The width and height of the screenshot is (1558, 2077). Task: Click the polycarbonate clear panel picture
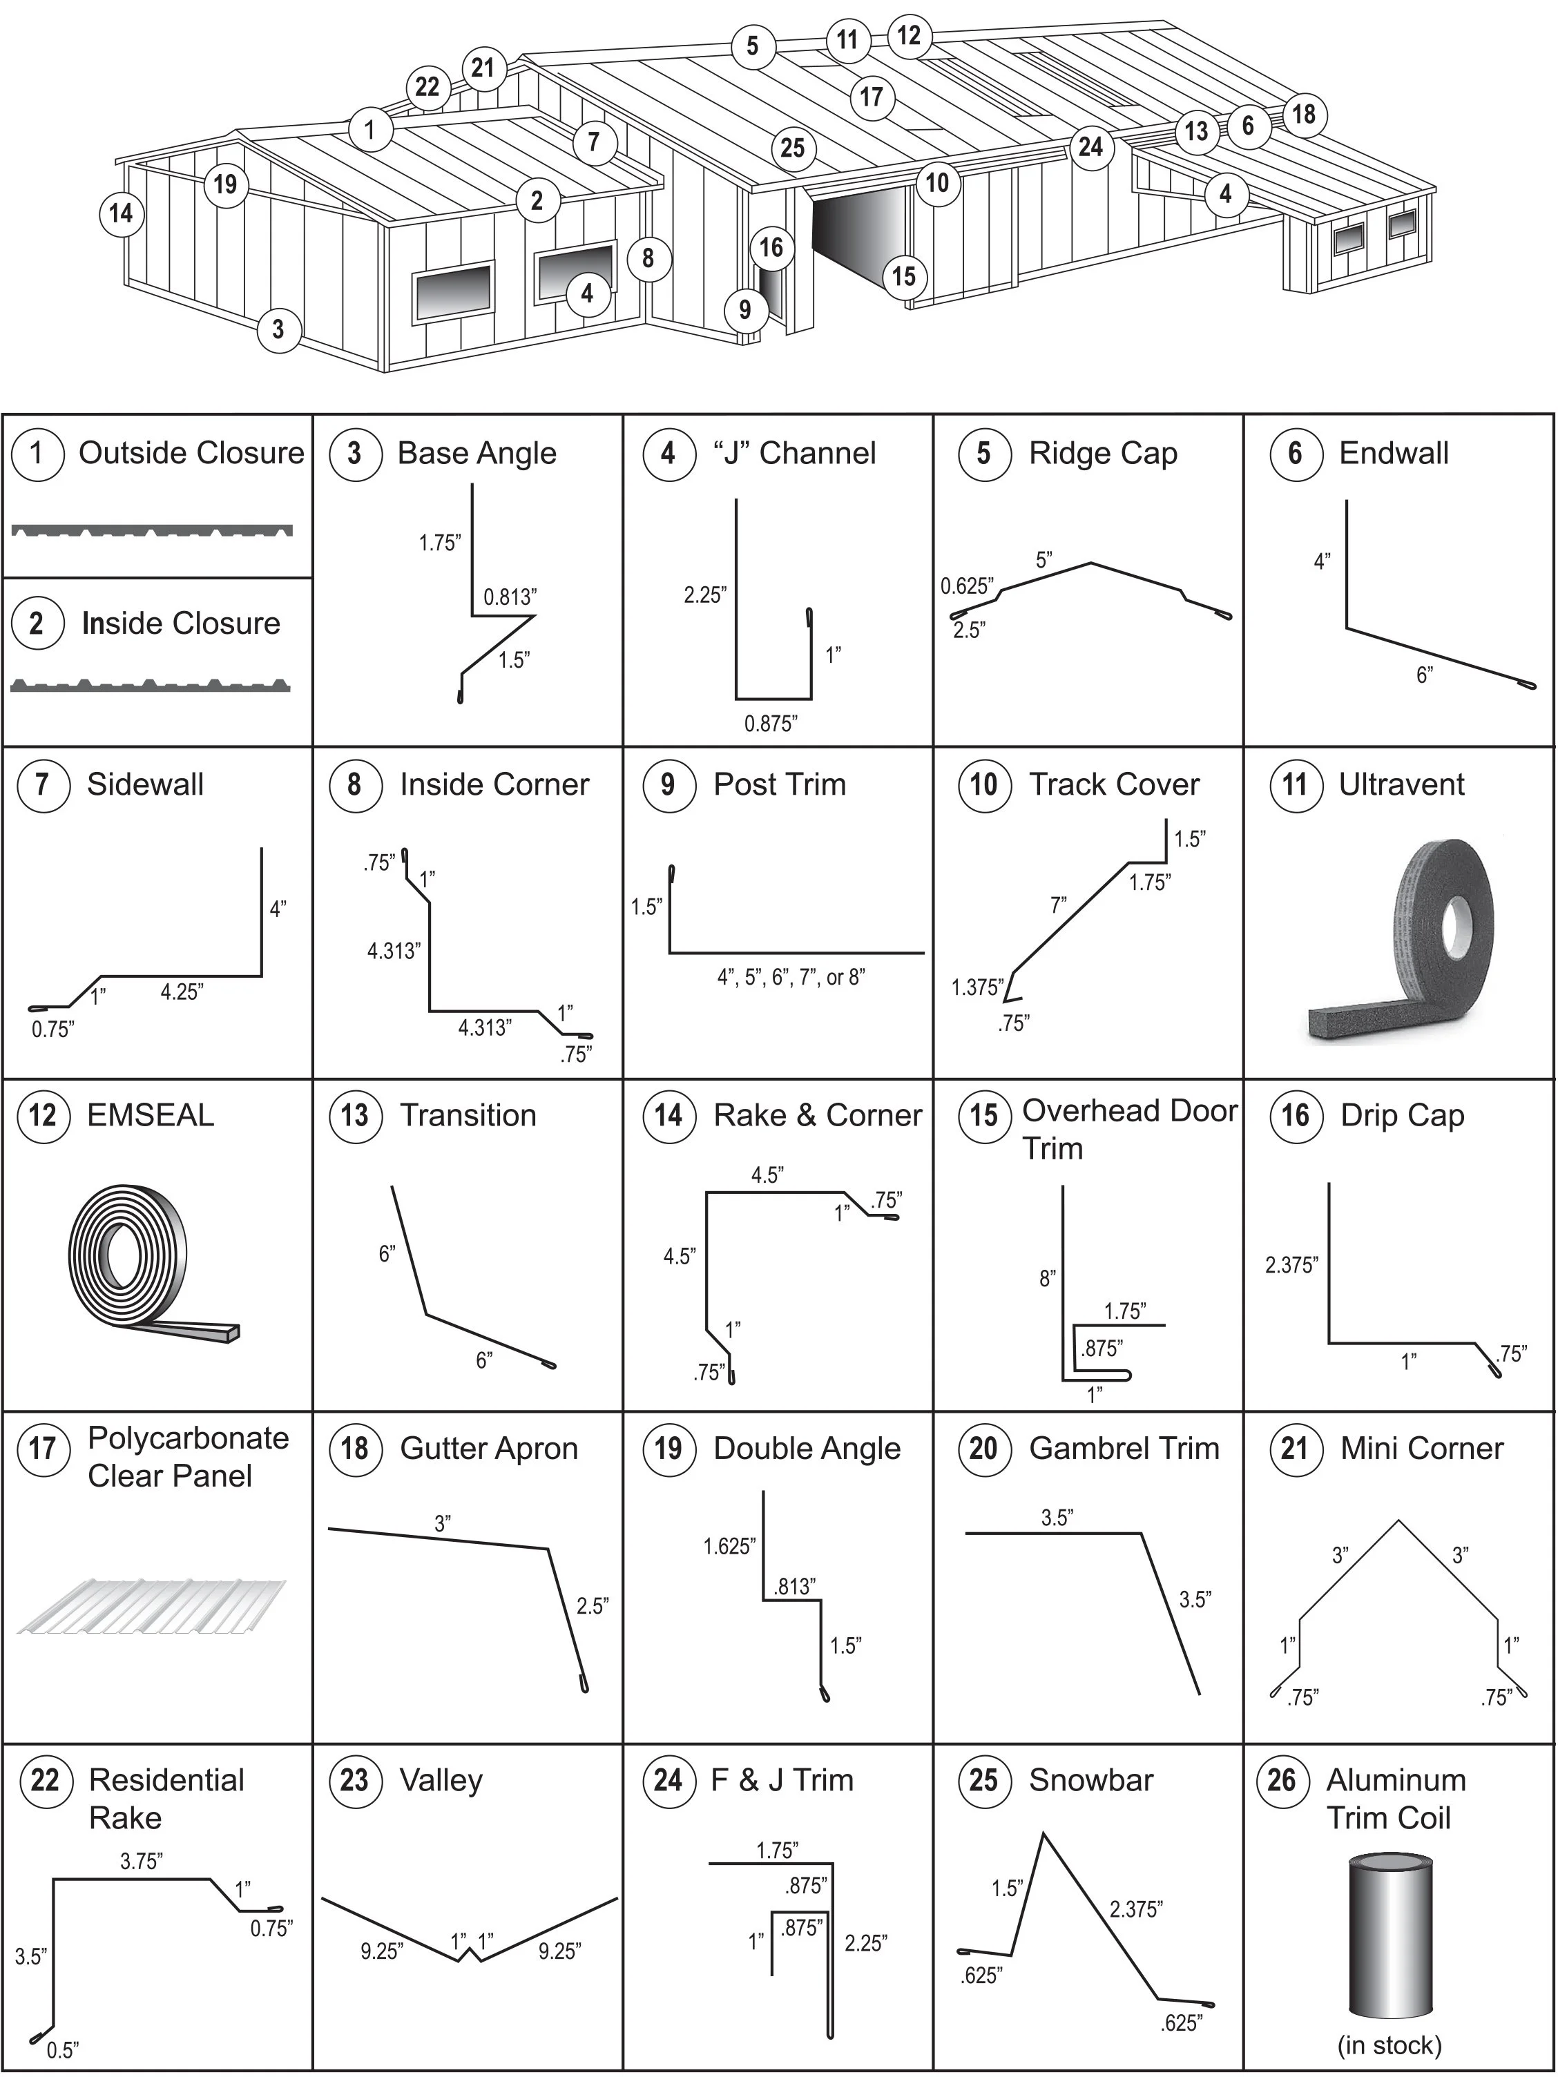[x=151, y=1605]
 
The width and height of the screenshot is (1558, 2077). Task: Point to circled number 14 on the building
[x=121, y=214]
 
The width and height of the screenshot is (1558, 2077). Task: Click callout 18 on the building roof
[x=1303, y=115]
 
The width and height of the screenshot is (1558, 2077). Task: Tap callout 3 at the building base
[x=278, y=329]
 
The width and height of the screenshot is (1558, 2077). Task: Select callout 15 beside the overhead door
[x=903, y=276]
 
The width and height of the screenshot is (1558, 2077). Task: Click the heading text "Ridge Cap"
[x=1102, y=454]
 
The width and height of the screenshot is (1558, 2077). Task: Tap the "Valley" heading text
[x=441, y=1780]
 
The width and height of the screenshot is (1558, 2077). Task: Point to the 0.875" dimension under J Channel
[x=770, y=723]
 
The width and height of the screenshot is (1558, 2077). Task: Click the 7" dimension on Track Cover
[x=1059, y=906]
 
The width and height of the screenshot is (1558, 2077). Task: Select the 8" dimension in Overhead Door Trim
[x=1047, y=1278]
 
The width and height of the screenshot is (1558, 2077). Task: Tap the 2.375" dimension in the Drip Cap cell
[x=1291, y=1266]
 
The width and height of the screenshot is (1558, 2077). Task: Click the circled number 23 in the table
[x=354, y=1780]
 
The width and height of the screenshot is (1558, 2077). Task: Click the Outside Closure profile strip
[x=152, y=530]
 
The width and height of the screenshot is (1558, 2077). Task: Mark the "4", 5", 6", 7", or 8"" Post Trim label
[x=791, y=978]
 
